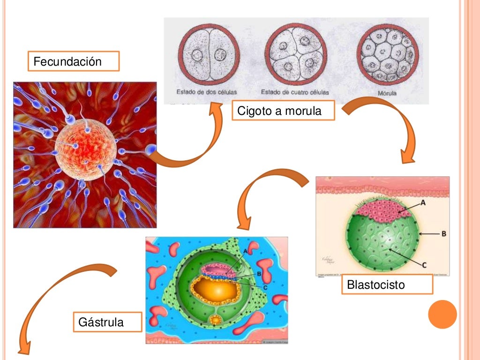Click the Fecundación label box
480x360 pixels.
(74, 61)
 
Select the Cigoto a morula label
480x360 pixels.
(283, 111)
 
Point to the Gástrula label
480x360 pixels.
(107, 322)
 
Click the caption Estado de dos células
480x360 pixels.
(207, 91)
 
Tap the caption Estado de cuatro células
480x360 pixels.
(295, 92)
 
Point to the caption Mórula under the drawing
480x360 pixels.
(387, 93)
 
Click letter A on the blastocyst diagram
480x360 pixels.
(423, 203)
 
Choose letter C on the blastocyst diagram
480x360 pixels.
(424, 265)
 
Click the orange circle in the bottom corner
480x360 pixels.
(442, 315)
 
